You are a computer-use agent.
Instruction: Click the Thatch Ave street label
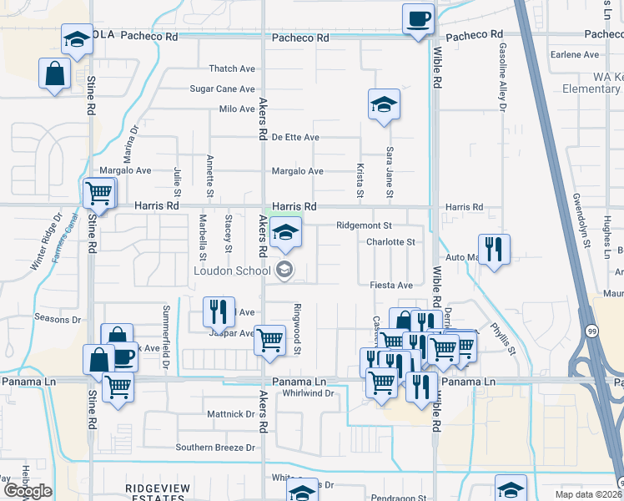tap(232, 68)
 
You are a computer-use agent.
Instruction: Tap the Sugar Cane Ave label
tap(222, 89)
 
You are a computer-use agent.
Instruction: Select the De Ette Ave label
tap(295, 137)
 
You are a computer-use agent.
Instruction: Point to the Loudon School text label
tap(232, 270)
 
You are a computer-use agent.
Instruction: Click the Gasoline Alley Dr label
tap(503, 77)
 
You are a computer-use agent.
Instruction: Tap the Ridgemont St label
tap(364, 225)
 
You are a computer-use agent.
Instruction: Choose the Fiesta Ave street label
tap(392, 285)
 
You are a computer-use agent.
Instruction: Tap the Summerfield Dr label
tap(166, 326)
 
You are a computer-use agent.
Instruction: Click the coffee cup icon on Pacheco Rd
tap(418, 18)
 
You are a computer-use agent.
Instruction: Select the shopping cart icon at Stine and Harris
tap(98, 194)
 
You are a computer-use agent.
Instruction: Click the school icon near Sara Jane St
tap(384, 104)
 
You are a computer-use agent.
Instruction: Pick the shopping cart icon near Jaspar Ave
tap(269, 341)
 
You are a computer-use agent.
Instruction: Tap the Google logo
tap(28, 490)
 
